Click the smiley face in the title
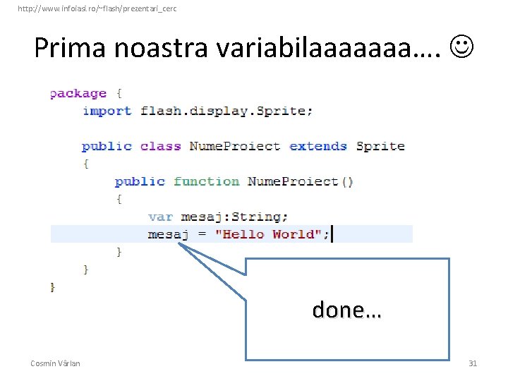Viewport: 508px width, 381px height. click(461, 47)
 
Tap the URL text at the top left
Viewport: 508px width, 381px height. click(97, 8)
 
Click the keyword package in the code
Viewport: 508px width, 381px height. click(78, 93)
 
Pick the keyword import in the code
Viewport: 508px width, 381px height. click(107, 111)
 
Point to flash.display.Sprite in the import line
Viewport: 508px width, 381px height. click(226, 111)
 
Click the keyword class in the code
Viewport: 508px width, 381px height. click(160, 146)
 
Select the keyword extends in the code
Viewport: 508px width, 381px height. click(318, 146)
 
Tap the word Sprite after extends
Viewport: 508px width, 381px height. click(380, 146)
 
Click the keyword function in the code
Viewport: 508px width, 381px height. click(206, 181)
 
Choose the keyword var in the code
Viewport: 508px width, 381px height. click(160, 217)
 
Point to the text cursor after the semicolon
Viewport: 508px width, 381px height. click(332, 234)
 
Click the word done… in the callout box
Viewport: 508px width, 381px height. click(346, 310)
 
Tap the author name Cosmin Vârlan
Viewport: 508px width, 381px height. click(55, 363)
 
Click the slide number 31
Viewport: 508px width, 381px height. click(473, 363)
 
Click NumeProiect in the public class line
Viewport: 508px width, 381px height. click(235, 146)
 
